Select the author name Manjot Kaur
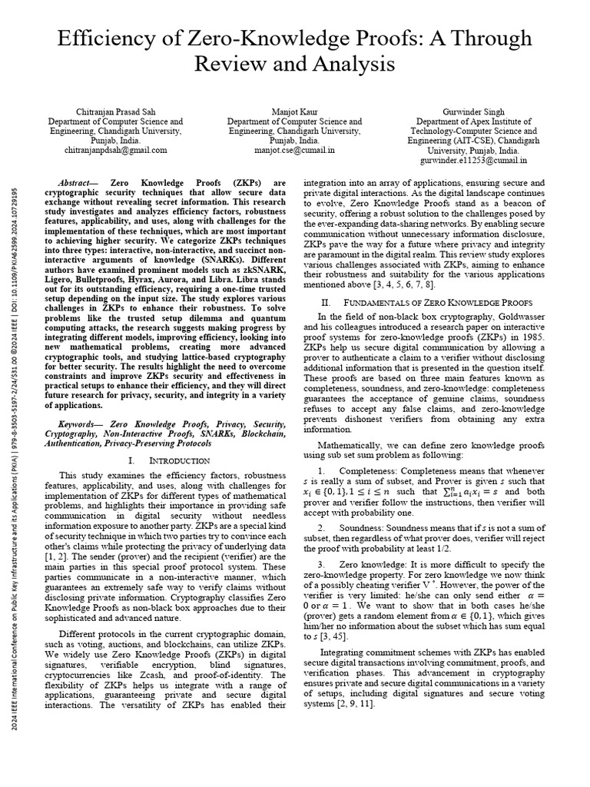point(294,111)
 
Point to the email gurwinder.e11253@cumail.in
point(472,161)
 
